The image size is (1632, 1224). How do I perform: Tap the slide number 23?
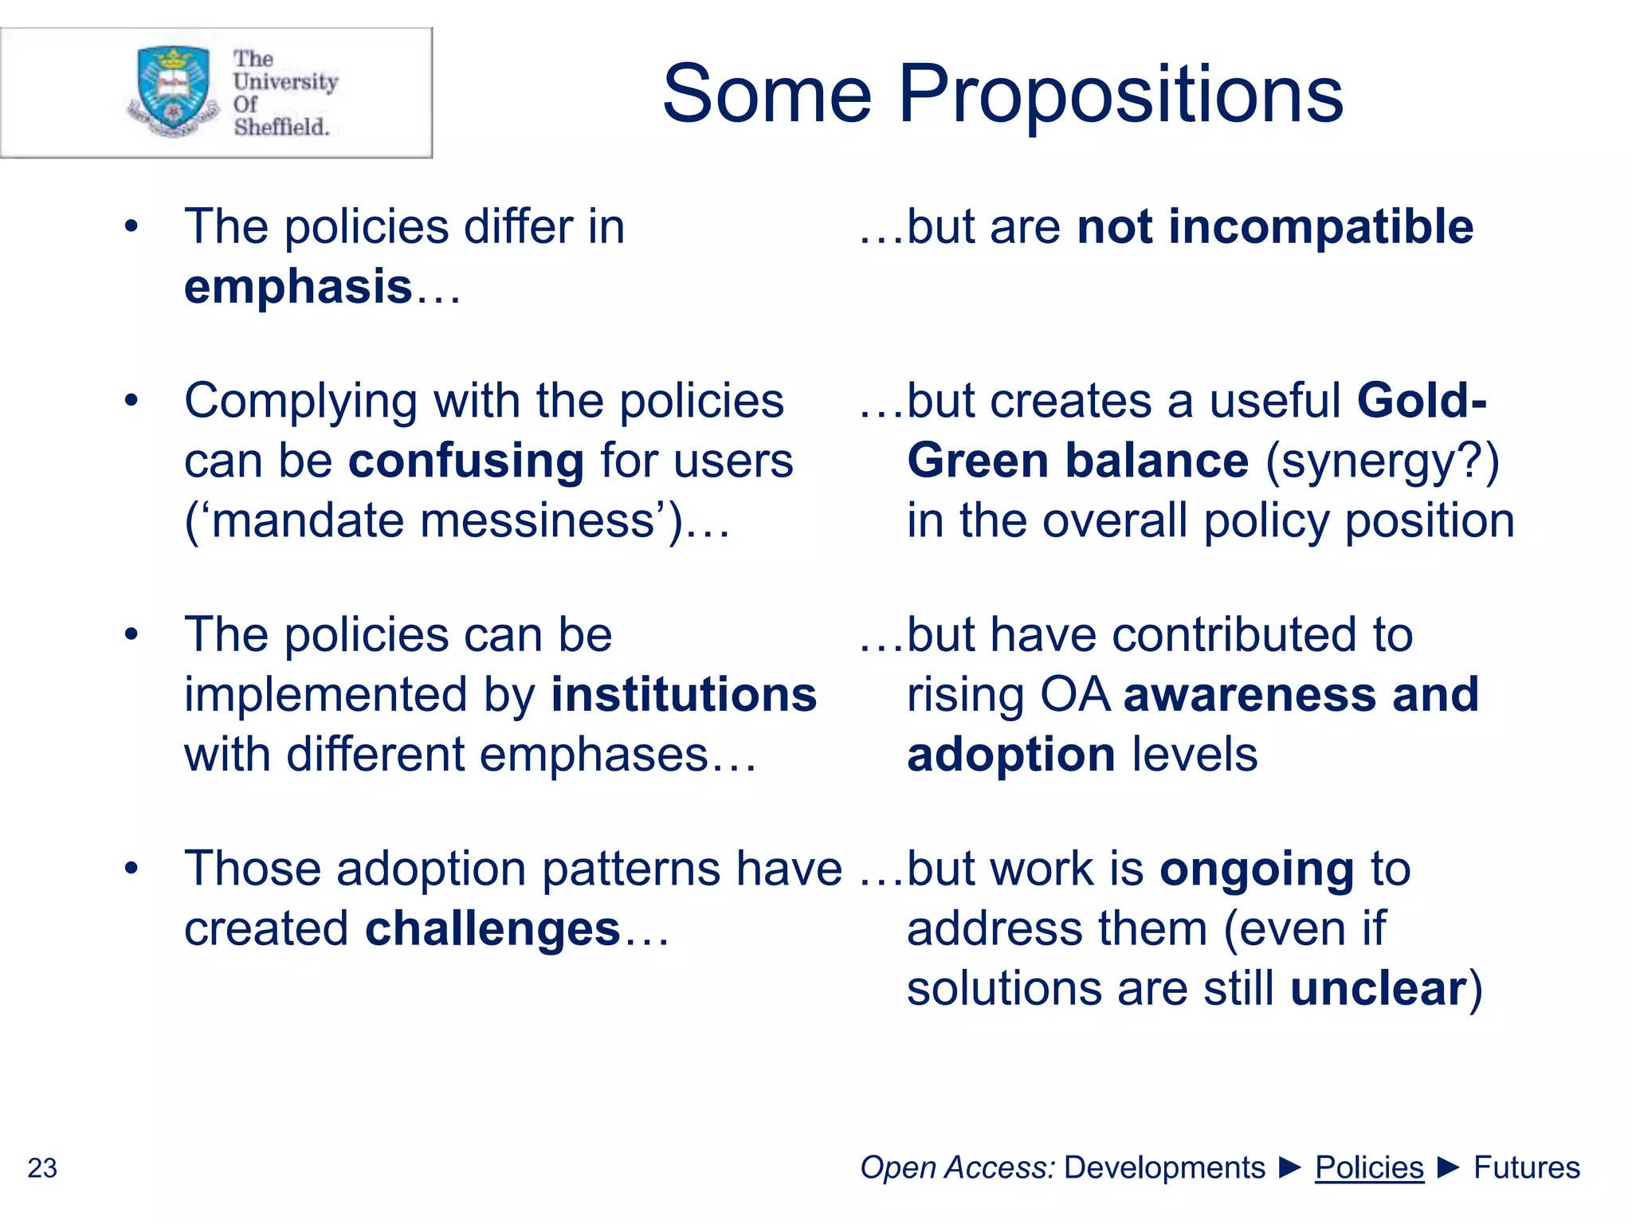click(x=42, y=1168)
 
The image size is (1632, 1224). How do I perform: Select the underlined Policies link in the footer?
click(x=1368, y=1167)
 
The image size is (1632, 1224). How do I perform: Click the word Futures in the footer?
click(x=1526, y=1167)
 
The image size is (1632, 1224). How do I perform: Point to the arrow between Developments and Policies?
click(x=1289, y=1167)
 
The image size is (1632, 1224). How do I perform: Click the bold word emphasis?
click(x=298, y=287)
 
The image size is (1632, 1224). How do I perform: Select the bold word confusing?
click(x=466, y=461)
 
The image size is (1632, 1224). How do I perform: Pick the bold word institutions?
click(x=684, y=694)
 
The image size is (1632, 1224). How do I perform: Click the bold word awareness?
click(x=1249, y=694)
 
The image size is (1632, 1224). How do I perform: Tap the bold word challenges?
click(x=492, y=928)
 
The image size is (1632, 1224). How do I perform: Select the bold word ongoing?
click(x=1257, y=869)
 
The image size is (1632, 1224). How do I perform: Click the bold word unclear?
click(x=1378, y=988)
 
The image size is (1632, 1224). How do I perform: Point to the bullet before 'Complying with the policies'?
click(x=131, y=401)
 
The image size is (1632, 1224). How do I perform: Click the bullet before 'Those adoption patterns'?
click(x=131, y=869)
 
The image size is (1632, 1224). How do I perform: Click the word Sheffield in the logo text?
click(x=280, y=127)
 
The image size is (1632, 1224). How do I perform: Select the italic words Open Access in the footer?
click(x=957, y=1167)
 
